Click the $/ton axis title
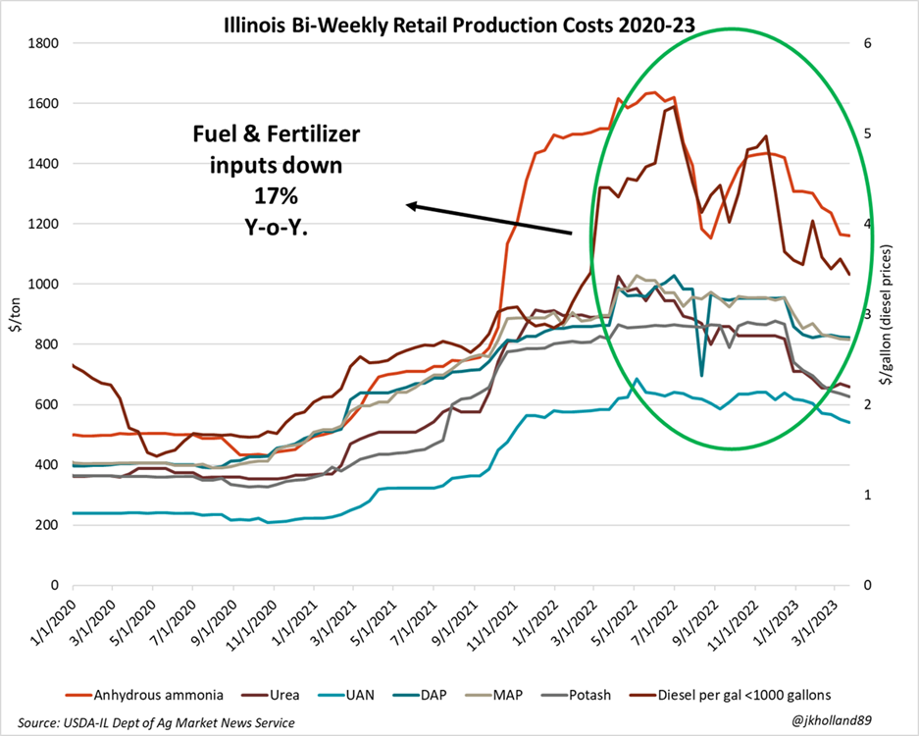pos(15,314)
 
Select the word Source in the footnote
pos(30,722)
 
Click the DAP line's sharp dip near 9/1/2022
pos(701,375)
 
